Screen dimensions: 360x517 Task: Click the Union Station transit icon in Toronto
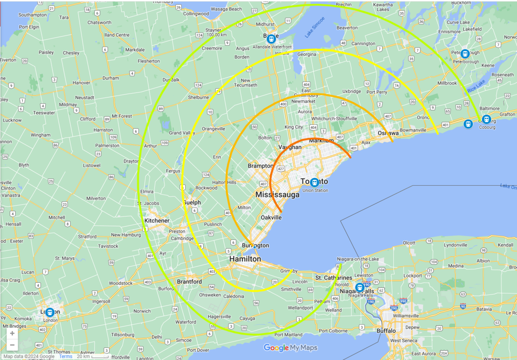click(315, 182)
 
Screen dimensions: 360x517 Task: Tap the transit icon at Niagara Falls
click(359, 288)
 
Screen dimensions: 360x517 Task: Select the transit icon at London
click(50, 312)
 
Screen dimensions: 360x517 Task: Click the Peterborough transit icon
click(465, 54)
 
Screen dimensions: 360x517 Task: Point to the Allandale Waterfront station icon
click(271, 39)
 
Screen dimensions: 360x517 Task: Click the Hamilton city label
click(245, 259)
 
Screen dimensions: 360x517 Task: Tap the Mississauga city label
click(277, 195)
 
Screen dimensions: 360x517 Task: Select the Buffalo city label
click(386, 331)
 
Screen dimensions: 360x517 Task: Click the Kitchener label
click(157, 221)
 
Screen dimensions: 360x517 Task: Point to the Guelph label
click(192, 202)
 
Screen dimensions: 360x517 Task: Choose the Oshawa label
click(388, 133)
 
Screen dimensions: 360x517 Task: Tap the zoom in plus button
click(12, 333)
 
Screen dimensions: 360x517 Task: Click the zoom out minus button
click(12, 345)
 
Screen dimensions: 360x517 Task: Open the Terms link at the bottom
click(65, 356)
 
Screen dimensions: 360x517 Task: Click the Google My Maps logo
click(290, 348)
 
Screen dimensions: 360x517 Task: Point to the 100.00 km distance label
click(216, 35)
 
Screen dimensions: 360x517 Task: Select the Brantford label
click(189, 282)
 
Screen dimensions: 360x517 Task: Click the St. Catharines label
click(334, 278)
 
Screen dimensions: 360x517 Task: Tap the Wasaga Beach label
click(226, 9)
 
